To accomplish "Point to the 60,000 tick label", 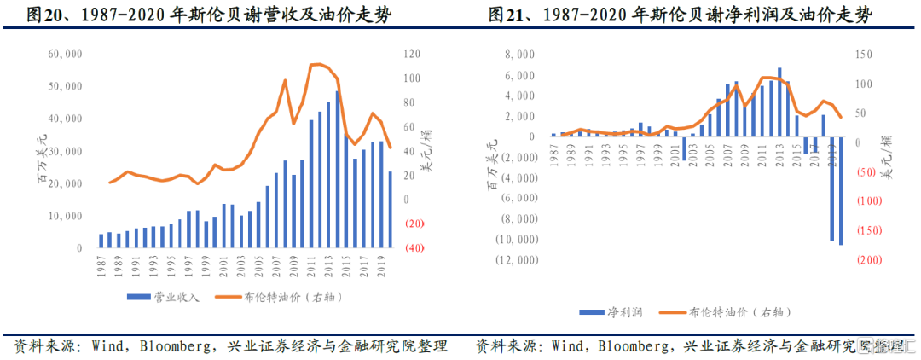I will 65,54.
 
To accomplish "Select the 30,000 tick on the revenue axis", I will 65,151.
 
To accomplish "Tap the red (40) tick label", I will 415,248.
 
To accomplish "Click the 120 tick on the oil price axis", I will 413,54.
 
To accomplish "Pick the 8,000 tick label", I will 519,54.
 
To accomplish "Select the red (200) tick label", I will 870,260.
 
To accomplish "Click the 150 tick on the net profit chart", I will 865,54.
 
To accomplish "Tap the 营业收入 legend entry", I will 165,297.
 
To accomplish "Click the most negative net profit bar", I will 841,191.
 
